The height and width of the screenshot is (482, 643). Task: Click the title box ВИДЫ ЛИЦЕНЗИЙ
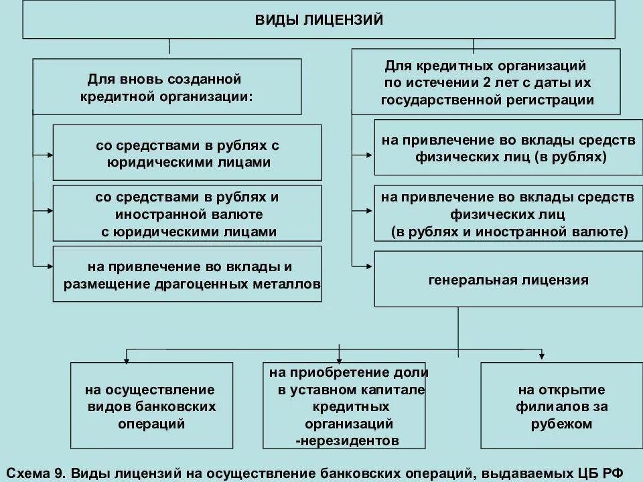click(319, 20)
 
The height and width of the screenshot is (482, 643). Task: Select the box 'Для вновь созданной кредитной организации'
click(167, 87)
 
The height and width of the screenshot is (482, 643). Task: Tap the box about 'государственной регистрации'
click(487, 84)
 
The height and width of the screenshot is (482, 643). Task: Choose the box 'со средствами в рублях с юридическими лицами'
click(187, 153)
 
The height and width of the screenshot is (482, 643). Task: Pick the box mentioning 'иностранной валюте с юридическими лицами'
click(187, 214)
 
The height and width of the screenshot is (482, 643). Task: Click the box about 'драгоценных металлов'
click(187, 274)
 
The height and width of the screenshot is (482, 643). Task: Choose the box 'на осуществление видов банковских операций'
click(151, 406)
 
